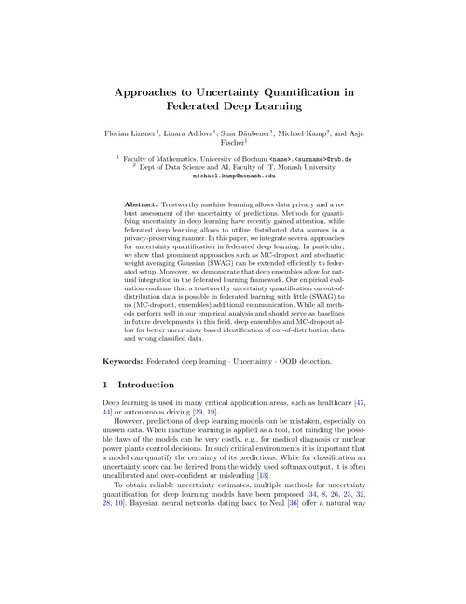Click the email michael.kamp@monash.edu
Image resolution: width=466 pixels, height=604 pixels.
tap(233, 175)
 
